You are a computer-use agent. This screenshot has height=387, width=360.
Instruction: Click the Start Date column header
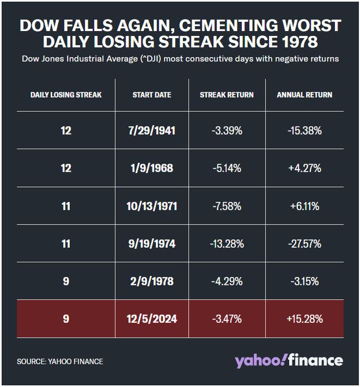point(152,95)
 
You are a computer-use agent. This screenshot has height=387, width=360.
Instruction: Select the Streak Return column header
point(227,95)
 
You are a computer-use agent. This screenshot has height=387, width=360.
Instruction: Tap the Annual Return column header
point(304,95)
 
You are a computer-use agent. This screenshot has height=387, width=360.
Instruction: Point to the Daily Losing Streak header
point(66,95)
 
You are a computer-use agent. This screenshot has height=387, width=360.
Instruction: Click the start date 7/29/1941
point(152,131)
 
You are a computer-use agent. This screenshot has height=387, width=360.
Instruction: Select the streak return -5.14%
point(227,168)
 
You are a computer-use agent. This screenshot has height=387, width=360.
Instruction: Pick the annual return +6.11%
point(304,206)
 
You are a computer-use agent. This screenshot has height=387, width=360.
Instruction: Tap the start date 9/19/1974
point(152,244)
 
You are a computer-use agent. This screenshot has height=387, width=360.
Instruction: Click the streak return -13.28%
point(227,244)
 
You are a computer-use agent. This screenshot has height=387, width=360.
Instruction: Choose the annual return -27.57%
point(304,244)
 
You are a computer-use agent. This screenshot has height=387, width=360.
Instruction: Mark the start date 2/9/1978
point(152,281)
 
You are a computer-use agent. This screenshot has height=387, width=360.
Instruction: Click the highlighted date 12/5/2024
point(152,319)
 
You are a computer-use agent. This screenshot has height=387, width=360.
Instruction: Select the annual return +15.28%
point(304,319)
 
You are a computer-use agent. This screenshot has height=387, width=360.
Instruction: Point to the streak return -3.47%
point(227,319)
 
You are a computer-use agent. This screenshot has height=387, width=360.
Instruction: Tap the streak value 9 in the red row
point(66,319)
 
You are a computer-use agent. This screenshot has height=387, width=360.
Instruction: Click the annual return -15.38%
point(304,131)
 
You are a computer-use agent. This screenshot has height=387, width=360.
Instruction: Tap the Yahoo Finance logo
point(289,361)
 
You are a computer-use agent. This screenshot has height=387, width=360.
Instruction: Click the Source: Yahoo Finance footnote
point(60,361)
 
